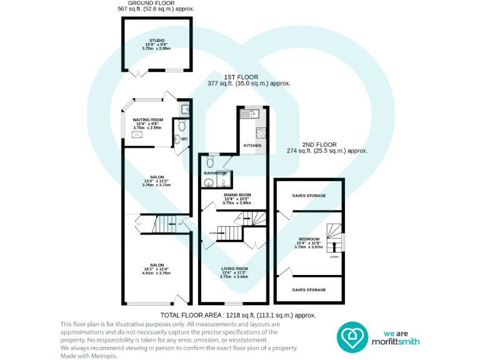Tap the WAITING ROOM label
pyautogui.click(x=148, y=119)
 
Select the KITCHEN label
pyautogui.click(x=252, y=145)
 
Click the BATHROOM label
pyautogui.click(x=216, y=172)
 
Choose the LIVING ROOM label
pyautogui.click(x=234, y=268)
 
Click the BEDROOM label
pyautogui.click(x=309, y=239)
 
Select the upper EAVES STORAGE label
pyautogui.click(x=309, y=196)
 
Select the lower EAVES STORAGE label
pyautogui.click(x=309, y=290)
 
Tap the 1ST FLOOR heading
pyautogui.click(x=241, y=77)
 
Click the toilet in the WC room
pyautogui.click(x=179, y=139)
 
